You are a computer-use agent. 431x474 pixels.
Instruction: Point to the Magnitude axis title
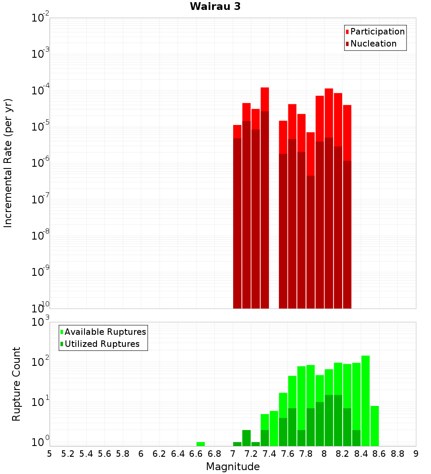[233, 466]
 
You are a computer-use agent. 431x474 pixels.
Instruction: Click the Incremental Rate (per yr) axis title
[9, 163]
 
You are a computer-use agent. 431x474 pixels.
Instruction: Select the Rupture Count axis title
[16, 384]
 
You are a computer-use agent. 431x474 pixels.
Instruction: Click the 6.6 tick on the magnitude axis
[196, 453]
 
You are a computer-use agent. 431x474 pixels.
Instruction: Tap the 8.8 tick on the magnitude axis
[398, 453]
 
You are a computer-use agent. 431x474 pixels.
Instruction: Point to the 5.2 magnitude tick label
[68, 453]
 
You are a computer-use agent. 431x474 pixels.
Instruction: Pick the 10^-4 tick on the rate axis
[41, 90]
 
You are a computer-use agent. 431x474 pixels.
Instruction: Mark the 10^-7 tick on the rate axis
[41, 200]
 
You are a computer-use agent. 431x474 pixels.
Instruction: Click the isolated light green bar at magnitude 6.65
[200, 444]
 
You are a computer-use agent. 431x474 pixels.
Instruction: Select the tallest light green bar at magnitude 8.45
[365, 401]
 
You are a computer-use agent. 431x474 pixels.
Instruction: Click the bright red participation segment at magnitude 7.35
[265, 99]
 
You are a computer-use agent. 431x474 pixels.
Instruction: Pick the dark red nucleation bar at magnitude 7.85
[310, 241]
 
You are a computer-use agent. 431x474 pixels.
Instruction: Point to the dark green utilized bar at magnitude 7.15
[246, 438]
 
